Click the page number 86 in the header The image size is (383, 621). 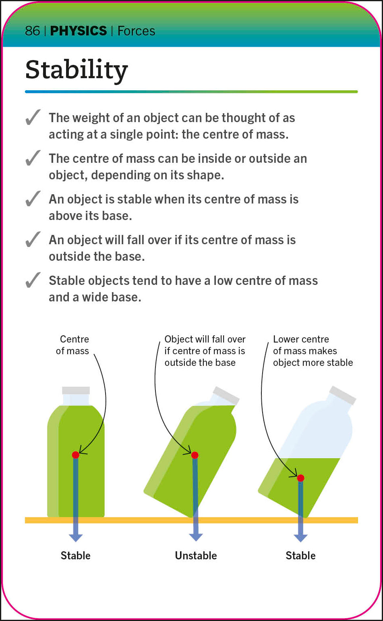(x=32, y=31)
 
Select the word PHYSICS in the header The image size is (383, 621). (x=78, y=31)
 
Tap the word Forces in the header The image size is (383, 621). (x=136, y=31)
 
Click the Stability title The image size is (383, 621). (x=77, y=70)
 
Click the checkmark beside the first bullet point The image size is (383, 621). (x=33, y=118)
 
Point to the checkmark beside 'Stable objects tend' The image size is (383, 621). (x=33, y=280)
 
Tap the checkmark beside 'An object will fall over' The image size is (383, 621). (x=33, y=240)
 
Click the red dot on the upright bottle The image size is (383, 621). (x=75, y=455)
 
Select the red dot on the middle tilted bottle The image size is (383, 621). (x=195, y=455)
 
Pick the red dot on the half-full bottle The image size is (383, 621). (x=300, y=478)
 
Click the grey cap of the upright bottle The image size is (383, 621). (x=76, y=390)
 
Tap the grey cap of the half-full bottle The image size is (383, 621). (x=343, y=395)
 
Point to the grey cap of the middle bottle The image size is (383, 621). (x=226, y=395)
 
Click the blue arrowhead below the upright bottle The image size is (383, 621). (x=75, y=538)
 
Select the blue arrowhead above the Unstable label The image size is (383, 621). (x=196, y=537)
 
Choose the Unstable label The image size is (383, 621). (x=196, y=556)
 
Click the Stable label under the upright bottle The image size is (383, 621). (x=75, y=556)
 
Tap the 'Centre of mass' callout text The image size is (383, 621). (x=73, y=345)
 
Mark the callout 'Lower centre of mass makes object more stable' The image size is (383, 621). (x=313, y=351)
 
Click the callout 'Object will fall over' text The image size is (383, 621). (x=205, y=351)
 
